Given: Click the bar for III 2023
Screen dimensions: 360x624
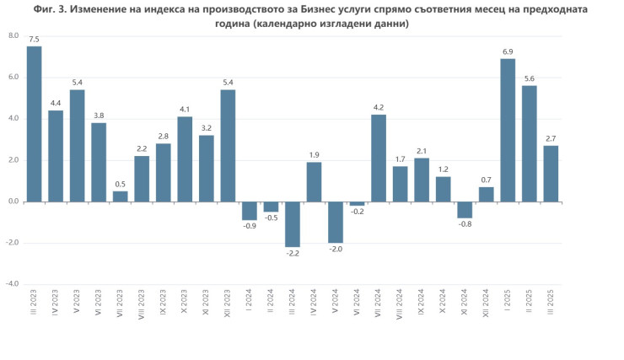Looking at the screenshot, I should pyautogui.click(x=35, y=124).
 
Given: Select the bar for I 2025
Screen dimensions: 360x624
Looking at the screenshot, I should pyautogui.click(x=508, y=131).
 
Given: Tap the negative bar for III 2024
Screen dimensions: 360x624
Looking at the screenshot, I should pyautogui.click(x=293, y=223).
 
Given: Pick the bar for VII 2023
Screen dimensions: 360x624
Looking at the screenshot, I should pyautogui.click(x=121, y=196).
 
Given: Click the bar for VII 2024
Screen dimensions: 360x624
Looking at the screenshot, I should pyautogui.click(x=379, y=159).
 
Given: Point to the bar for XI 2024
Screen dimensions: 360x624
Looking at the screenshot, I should pyautogui.click(x=465, y=210).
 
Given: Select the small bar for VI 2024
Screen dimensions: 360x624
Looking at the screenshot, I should pyautogui.click(x=358, y=203).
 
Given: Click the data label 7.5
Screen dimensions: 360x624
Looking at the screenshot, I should pyautogui.click(x=35, y=40).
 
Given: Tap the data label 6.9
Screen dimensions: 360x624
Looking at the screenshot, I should pyautogui.click(x=508, y=52).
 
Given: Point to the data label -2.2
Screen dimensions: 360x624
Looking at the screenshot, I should pyautogui.click(x=293, y=254).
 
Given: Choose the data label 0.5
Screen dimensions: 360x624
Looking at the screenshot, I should pyautogui.click(x=121, y=185).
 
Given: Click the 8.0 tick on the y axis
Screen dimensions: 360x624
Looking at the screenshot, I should pyautogui.click(x=13, y=36).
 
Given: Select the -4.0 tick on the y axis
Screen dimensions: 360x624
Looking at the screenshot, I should pyautogui.click(x=12, y=284).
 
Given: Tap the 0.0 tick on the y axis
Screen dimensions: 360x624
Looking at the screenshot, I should pyautogui.click(x=13, y=201).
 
